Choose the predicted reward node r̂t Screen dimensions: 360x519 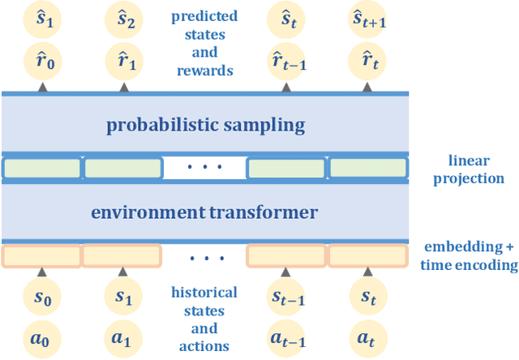tap(368, 58)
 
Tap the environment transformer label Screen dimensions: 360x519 tap(204, 212)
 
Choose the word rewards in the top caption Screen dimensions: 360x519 tap(204, 71)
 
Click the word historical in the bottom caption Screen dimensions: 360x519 tap(204, 292)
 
